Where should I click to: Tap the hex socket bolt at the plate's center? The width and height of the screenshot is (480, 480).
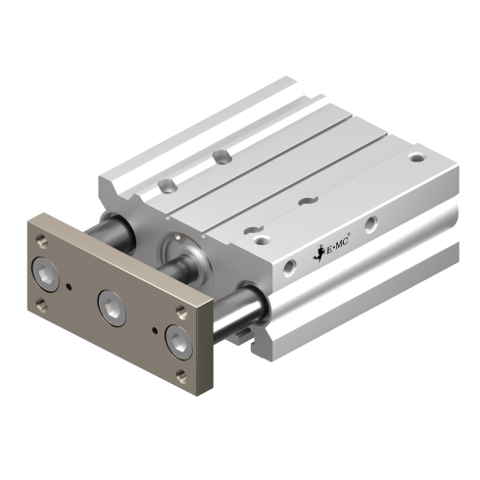112,308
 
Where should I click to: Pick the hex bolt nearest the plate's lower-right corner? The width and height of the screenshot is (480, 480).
178,343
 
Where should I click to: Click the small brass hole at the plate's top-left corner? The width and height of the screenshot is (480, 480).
42,241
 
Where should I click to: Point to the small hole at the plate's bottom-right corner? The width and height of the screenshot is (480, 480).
182,376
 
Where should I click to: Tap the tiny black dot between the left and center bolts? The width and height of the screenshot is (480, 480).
69,287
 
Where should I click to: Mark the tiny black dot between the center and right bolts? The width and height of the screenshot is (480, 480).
155,331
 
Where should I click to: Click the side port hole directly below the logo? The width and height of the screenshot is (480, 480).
290,267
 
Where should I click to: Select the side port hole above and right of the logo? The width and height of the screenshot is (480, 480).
371,224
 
